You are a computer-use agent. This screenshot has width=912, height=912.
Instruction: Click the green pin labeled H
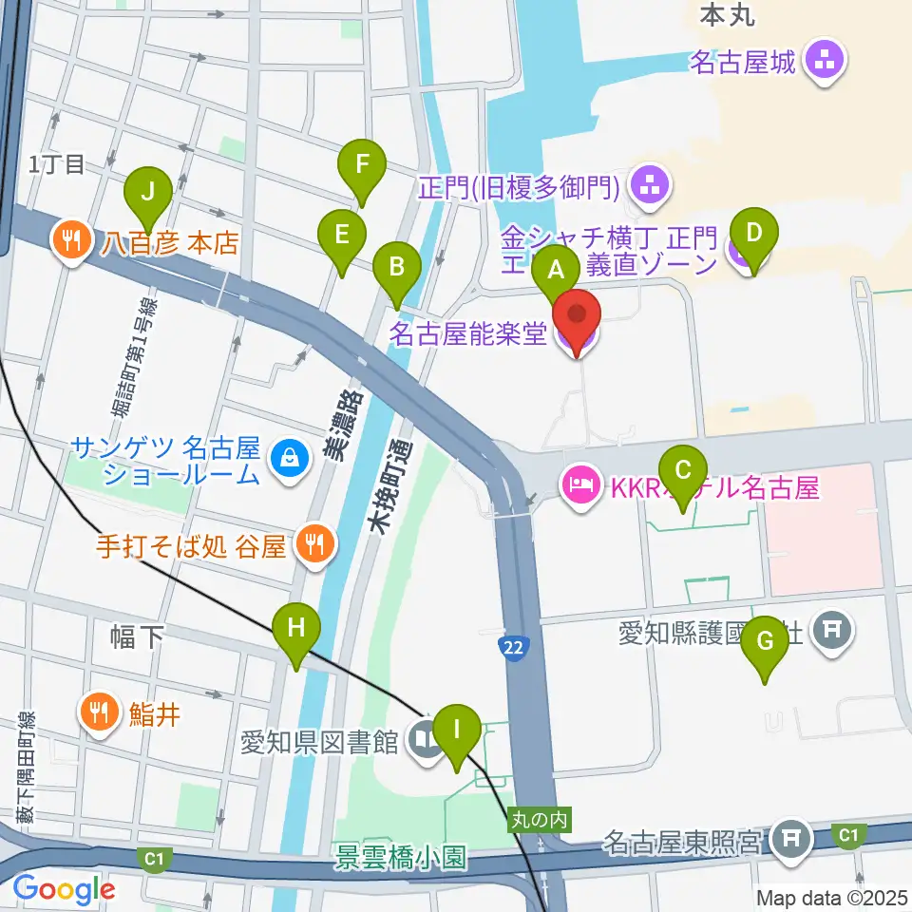[296, 629]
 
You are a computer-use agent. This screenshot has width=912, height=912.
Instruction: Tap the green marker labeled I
[457, 731]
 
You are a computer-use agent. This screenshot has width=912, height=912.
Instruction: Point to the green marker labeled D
[754, 234]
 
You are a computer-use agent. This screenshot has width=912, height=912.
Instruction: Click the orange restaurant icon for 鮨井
[100, 709]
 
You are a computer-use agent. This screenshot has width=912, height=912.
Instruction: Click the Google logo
[64, 888]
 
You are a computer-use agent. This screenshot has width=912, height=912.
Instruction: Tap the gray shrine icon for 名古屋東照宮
[790, 838]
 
